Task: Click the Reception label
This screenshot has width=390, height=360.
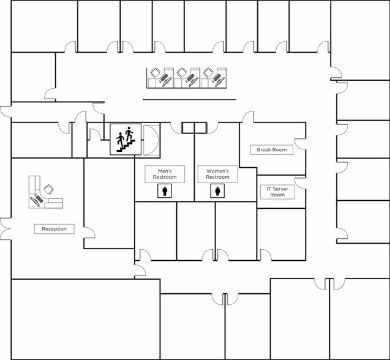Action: click(54, 229)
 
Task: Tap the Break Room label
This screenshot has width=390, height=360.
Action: click(272, 150)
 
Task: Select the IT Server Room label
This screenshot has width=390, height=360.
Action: click(277, 192)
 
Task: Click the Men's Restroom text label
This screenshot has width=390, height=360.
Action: click(165, 174)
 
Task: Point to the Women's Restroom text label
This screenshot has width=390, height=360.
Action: click(217, 174)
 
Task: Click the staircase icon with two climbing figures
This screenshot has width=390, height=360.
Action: click(126, 140)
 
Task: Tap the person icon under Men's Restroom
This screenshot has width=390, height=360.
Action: click(165, 191)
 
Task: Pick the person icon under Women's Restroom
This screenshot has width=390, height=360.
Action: click(217, 191)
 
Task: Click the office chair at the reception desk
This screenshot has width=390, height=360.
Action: click(48, 190)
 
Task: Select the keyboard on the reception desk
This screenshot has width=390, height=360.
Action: click(39, 198)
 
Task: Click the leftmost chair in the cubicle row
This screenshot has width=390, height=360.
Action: click(156, 73)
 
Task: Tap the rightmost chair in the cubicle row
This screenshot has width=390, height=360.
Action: click(208, 73)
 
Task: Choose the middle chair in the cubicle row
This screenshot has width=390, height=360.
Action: click(182, 73)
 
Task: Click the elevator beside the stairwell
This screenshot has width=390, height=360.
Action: click(151, 140)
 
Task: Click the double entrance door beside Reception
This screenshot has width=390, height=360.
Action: click(6, 229)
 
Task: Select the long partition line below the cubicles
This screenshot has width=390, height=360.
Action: click(189, 100)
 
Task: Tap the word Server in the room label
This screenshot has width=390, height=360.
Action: click(280, 189)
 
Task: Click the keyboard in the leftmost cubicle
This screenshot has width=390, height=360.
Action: click(163, 77)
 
